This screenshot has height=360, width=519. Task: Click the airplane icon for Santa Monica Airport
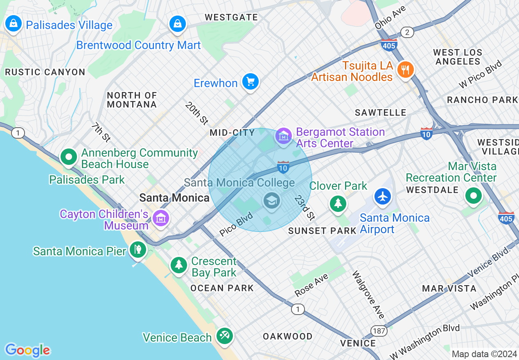383,196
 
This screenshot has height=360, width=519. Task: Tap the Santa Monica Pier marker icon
138,249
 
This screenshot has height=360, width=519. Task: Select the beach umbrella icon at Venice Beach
224,336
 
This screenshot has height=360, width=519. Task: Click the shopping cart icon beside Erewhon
250,81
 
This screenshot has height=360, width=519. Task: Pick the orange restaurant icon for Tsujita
405,70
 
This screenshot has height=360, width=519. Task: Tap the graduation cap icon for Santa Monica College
271,201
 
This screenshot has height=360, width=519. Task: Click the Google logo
28,350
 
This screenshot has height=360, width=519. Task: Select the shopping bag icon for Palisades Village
14,24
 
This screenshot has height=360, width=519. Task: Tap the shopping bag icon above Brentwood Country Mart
178,24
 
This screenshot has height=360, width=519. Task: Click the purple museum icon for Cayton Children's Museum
160,218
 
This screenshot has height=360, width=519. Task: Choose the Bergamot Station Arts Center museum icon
283,135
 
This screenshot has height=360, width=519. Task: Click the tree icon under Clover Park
338,203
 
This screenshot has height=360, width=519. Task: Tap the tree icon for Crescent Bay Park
179,265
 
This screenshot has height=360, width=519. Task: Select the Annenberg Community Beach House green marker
69,157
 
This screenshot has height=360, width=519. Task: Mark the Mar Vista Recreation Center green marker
474,196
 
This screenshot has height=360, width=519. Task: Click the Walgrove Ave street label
368,295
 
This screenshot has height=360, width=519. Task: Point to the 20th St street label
197,113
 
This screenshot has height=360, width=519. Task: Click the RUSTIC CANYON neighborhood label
45,72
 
